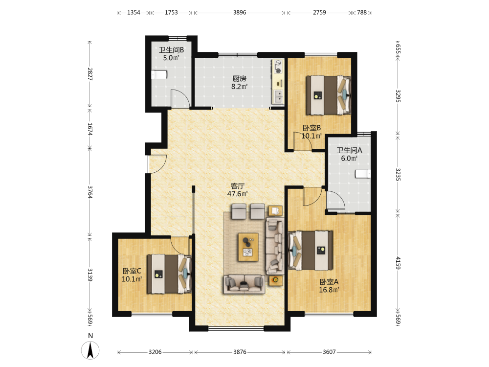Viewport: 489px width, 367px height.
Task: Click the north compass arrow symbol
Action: click(x=90, y=350)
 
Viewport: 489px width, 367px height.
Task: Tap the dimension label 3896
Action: click(x=240, y=13)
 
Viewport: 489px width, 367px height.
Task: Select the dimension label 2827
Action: click(x=90, y=74)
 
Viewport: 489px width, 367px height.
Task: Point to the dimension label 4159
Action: click(x=398, y=263)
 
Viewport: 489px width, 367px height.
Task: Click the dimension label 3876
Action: click(x=240, y=352)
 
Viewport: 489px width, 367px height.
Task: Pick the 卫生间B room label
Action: click(x=171, y=50)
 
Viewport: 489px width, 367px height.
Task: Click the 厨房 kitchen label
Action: click(x=240, y=79)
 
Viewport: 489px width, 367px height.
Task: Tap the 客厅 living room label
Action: click(x=238, y=186)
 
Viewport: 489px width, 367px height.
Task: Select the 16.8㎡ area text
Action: click(x=329, y=290)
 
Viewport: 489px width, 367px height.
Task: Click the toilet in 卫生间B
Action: click(x=159, y=75)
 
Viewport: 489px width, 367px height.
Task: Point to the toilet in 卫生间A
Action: click(x=363, y=174)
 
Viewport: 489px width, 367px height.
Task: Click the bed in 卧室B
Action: click(x=329, y=95)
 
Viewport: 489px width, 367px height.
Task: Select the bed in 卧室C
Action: click(x=169, y=274)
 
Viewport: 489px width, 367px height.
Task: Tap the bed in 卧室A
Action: click(x=311, y=250)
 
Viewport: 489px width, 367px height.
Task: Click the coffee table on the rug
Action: click(x=248, y=247)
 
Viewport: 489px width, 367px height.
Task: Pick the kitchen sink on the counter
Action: click(x=278, y=97)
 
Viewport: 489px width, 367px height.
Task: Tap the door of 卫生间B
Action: click(x=180, y=98)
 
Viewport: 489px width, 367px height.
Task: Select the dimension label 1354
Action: click(x=133, y=13)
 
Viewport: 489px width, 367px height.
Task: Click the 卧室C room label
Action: click(x=132, y=271)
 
